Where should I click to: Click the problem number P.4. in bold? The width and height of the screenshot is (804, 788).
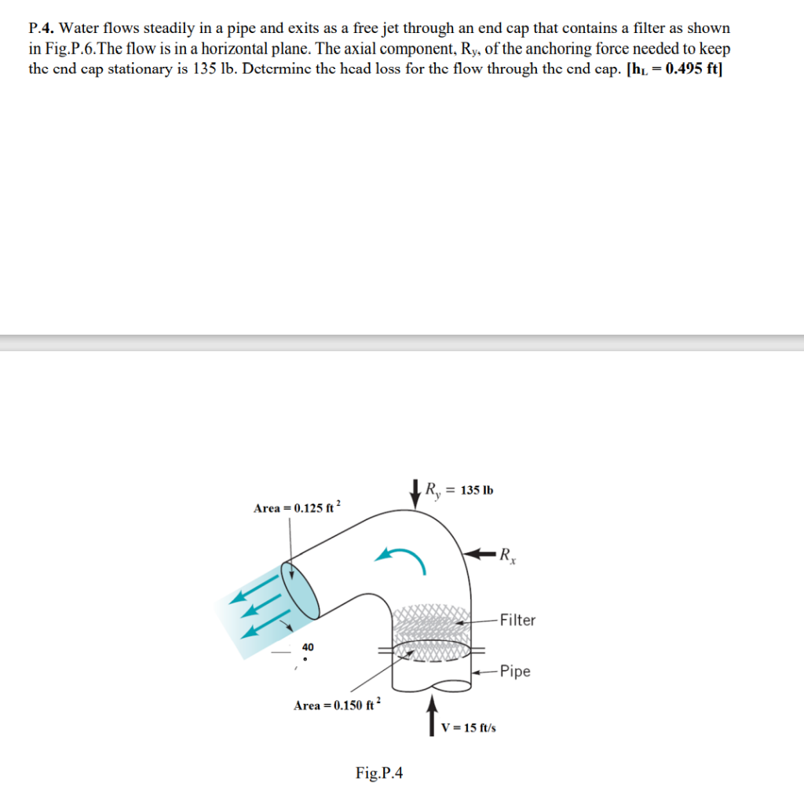click(x=41, y=29)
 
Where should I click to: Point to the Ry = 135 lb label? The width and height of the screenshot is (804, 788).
click(x=459, y=490)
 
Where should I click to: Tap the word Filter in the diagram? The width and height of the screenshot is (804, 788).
click(x=517, y=620)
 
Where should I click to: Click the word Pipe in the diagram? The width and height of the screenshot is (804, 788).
click(x=514, y=671)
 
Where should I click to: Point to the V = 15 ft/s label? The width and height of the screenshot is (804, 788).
click(x=468, y=728)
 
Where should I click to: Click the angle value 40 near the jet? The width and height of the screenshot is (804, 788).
click(x=308, y=647)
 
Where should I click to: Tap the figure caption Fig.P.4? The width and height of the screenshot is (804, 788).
click(x=379, y=773)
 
